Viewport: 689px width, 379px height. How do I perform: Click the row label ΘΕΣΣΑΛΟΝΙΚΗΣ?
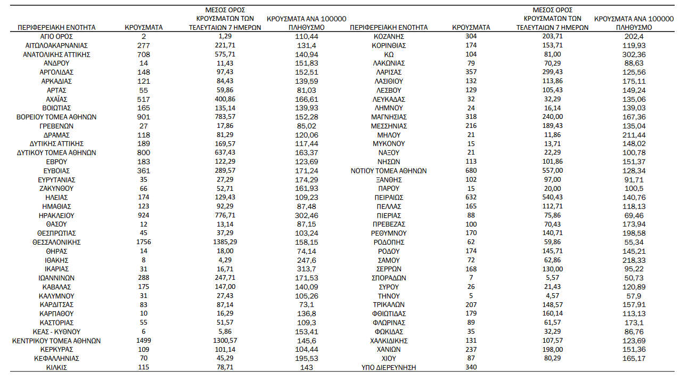pyautogui.click(x=56, y=242)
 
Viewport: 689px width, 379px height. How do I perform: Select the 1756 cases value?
pyautogui.click(x=144, y=242)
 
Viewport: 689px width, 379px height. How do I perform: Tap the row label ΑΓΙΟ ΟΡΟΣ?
pyautogui.click(x=56, y=36)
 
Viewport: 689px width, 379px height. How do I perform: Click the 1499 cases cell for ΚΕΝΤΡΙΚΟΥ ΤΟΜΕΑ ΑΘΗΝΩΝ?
pyautogui.click(x=144, y=341)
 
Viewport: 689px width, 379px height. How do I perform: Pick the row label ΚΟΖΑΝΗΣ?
pyautogui.click(x=389, y=36)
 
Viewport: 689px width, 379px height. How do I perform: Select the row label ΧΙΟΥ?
pyautogui.click(x=389, y=358)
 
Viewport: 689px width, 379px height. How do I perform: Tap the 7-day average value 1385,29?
pyautogui.click(x=225, y=242)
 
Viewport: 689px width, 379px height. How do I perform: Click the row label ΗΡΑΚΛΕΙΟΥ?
pyautogui.click(x=56, y=215)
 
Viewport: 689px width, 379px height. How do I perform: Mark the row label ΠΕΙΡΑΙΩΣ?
pyautogui.click(x=389, y=197)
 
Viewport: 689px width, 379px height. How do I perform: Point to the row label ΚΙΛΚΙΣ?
pyautogui.click(x=56, y=367)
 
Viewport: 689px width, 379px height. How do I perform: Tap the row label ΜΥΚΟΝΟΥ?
pyautogui.click(x=389, y=143)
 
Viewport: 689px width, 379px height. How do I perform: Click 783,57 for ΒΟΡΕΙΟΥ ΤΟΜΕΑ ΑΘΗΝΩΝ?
pyautogui.click(x=225, y=117)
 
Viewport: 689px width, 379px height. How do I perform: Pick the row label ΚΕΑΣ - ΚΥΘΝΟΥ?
pyautogui.click(x=56, y=332)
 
